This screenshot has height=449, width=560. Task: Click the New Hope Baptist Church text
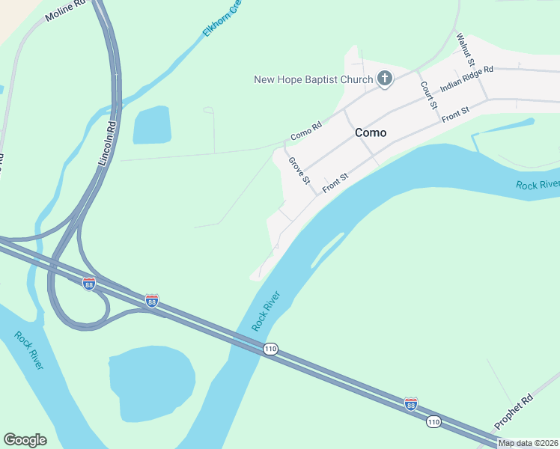click(x=314, y=79)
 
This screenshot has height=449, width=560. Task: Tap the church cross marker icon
click(x=385, y=79)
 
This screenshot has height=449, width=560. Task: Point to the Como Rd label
click(x=305, y=131)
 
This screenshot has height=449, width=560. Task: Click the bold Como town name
click(x=371, y=132)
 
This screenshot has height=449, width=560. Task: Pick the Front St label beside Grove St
click(x=335, y=183)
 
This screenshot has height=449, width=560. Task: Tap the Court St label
click(x=428, y=96)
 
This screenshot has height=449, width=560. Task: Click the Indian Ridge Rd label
click(x=467, y=79)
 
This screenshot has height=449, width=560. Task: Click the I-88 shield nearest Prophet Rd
click(x=411, y=403)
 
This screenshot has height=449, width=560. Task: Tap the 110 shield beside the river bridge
click(x=270, y=349)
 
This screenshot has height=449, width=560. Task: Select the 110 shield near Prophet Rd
click(x=433, y=422)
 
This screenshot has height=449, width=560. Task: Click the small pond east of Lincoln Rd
click(x=152, y=124)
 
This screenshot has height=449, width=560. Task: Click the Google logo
click(x=25, y=440)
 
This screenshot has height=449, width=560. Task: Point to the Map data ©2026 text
click(x=528, y=443)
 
